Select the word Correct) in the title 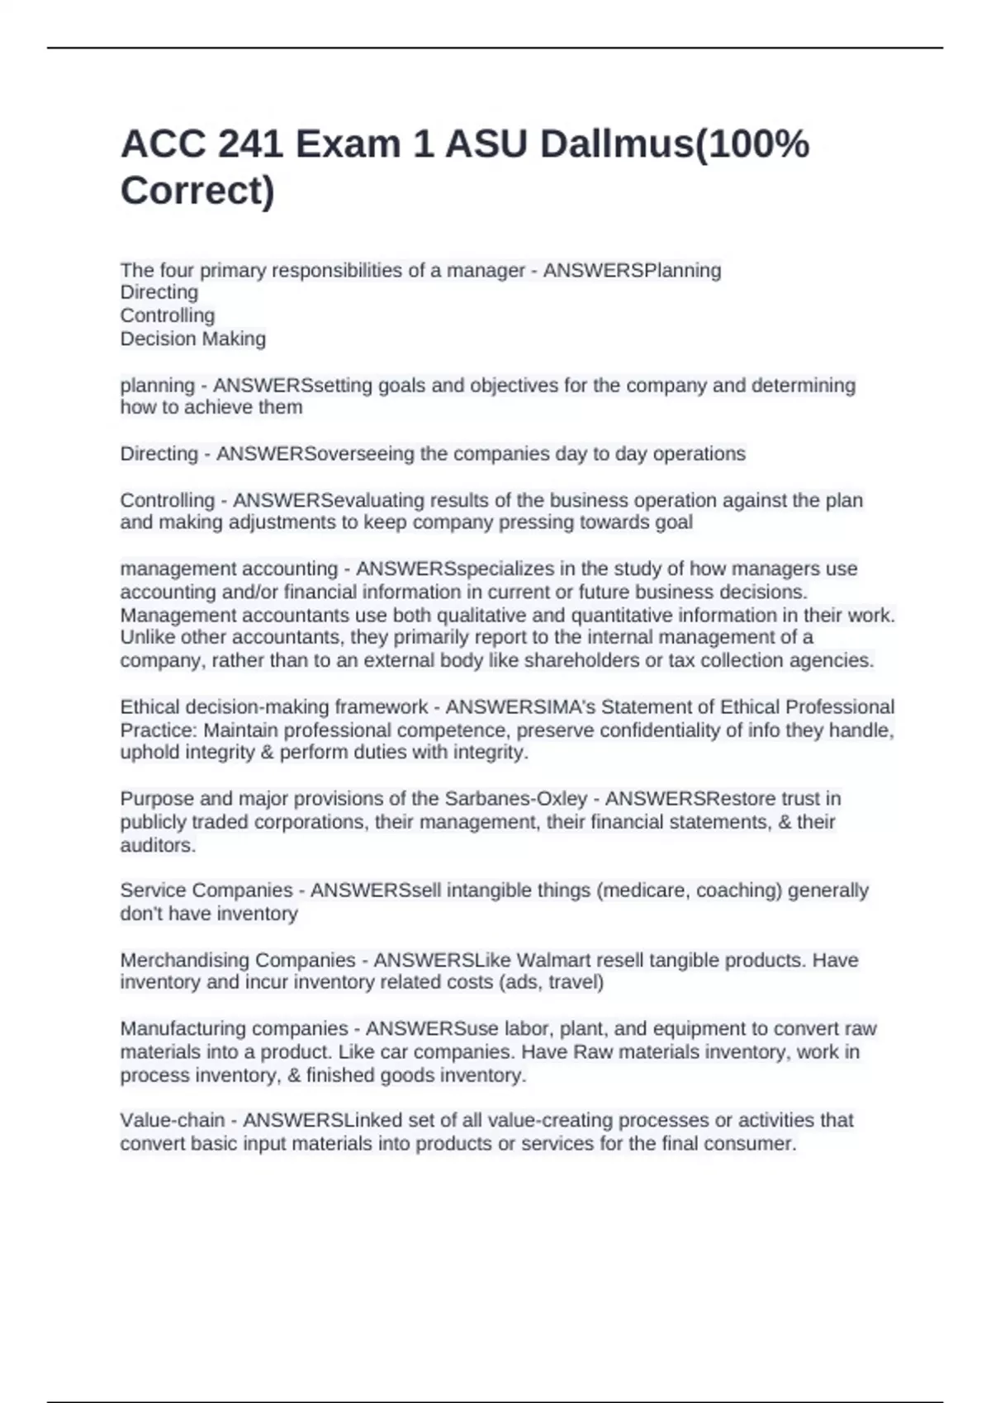click(197, 191)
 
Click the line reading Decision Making click(193, 338)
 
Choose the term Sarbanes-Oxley click(516, 798)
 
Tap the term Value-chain click(173, 1120)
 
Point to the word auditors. click(158, 845)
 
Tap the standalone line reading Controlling click(168, 315)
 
